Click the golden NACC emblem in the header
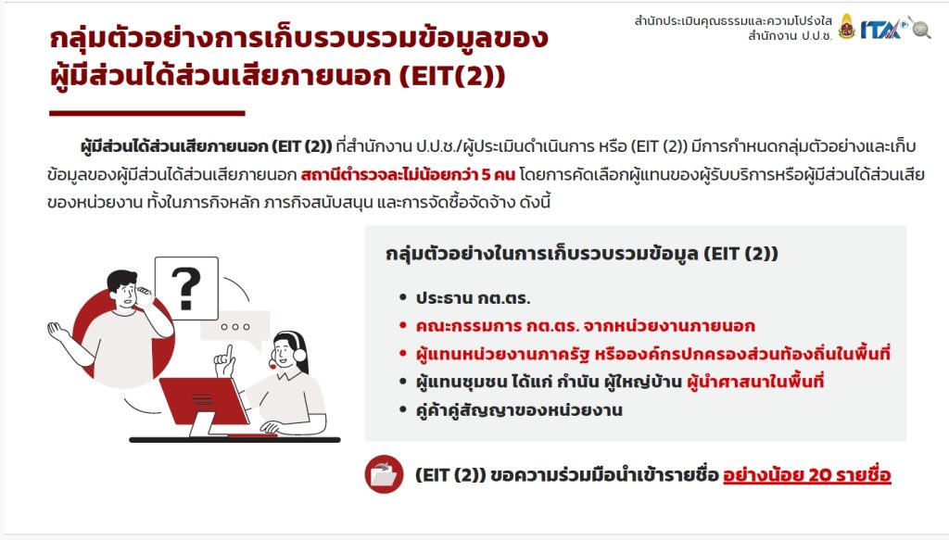point(847,27)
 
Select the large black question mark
point(185,288)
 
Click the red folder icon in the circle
point(384,474)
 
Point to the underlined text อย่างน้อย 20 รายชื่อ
point(807,475)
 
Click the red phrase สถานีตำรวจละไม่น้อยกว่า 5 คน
point(408,175)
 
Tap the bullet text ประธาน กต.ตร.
point(473,298)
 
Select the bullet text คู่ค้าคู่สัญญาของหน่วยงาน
point(519,410)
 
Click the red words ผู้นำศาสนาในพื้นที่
point(755,382)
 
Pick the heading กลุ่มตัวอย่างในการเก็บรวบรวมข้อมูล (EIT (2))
point(582,254)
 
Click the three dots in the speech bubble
point(234,327)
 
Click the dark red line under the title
point(147,113)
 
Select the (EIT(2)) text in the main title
point(452,77)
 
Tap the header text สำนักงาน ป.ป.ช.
point(790,36)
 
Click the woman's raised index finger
point(230,351)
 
